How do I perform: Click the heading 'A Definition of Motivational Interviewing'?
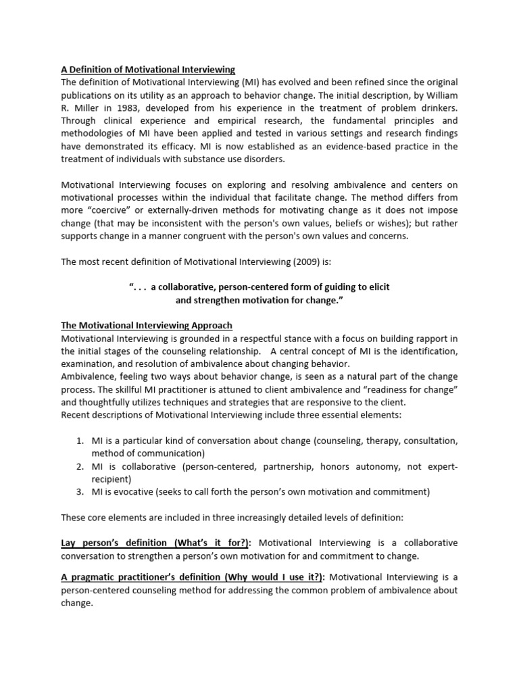(x=148, y=70)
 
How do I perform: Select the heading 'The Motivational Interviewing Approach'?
(x=147, y=325)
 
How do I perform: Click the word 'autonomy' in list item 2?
(x=361, y=466)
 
